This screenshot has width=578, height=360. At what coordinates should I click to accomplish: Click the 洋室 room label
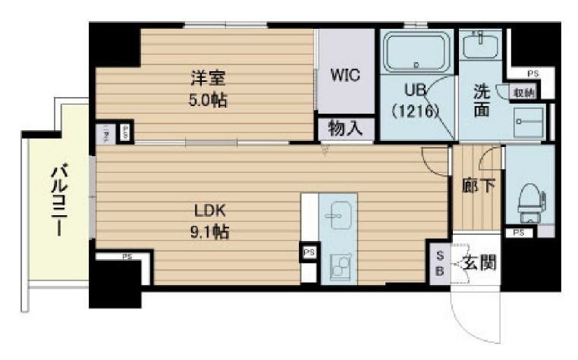coord(208,78)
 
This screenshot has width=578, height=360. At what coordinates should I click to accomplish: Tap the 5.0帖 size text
coord(208,99)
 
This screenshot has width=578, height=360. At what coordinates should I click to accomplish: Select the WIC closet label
coord(345,76)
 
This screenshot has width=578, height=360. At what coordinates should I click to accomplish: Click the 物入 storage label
coord(345,129)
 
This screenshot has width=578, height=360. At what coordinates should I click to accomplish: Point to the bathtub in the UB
coord(416,53)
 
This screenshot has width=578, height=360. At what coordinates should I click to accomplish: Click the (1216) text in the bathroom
coord(416,110)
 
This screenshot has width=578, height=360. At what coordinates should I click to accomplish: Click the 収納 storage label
coord(523,92)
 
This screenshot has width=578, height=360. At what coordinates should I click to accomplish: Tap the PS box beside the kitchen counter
coord(309,252)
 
